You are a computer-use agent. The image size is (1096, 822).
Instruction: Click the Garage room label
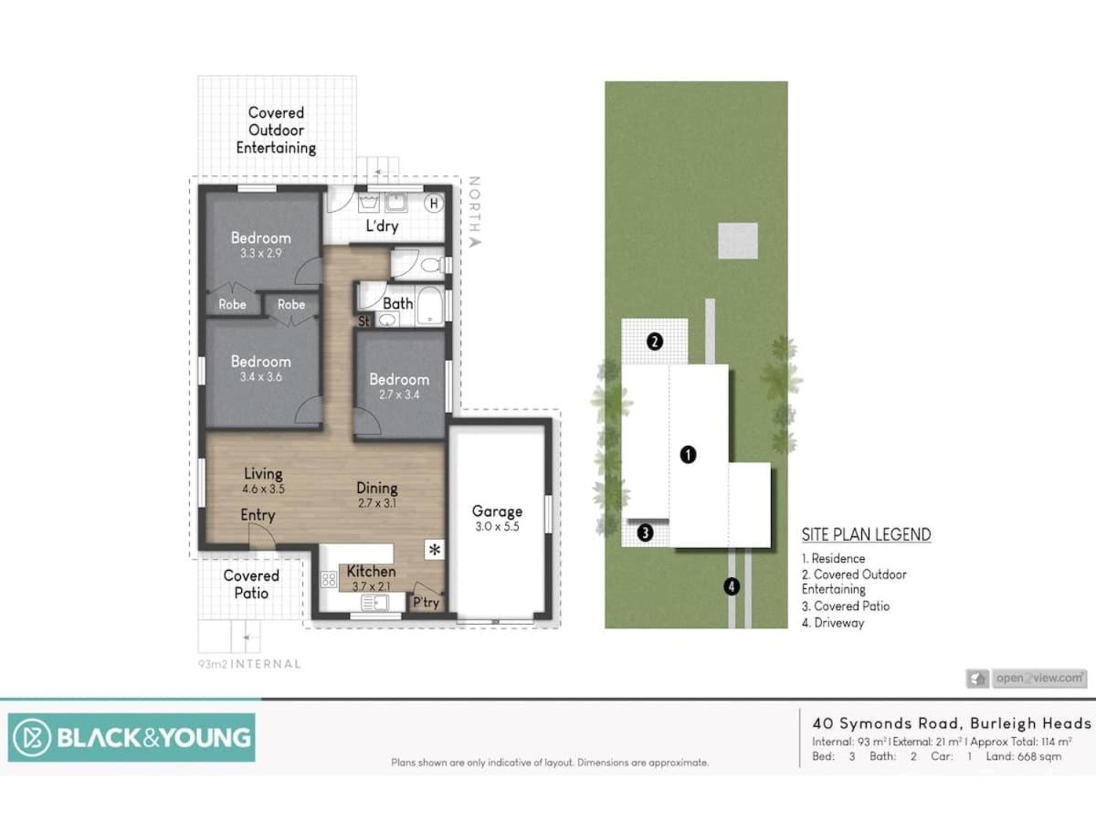pos(497,511)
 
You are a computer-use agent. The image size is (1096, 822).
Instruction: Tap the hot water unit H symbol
pos(434,203)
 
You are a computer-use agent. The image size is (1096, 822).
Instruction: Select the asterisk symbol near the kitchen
pos(435,550)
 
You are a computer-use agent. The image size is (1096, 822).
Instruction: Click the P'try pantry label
pos(426,603)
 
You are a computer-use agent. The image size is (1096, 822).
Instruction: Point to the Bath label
pos(398,303)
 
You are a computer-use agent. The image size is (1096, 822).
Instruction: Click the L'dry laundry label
pos(382,227)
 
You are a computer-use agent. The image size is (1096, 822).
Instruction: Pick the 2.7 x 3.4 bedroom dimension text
pos(399,395)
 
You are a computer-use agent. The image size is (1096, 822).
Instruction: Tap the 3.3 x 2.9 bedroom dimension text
pos(260,253)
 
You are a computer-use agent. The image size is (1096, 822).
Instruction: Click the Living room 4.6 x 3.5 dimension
pos(263,490)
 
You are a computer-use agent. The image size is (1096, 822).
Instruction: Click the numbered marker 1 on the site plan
pos(688,455)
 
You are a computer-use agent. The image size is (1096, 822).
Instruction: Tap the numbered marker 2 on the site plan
pos(655,342)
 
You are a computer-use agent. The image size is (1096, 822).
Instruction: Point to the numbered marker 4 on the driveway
pos(732,586)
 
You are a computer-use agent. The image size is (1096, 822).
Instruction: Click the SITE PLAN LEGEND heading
pos(867,534)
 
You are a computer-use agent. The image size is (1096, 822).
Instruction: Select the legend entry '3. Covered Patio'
pos(846,606)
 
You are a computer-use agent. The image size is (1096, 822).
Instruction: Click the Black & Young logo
pos(132,737)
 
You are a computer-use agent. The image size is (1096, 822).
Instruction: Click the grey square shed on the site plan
pos(738,240)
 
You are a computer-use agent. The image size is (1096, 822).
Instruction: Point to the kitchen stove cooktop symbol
pos(329,579)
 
